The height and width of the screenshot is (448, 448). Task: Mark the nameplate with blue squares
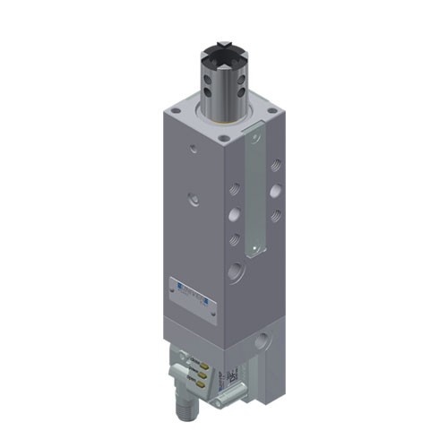(193, 293)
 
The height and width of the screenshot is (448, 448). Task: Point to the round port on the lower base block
(262, 341)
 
